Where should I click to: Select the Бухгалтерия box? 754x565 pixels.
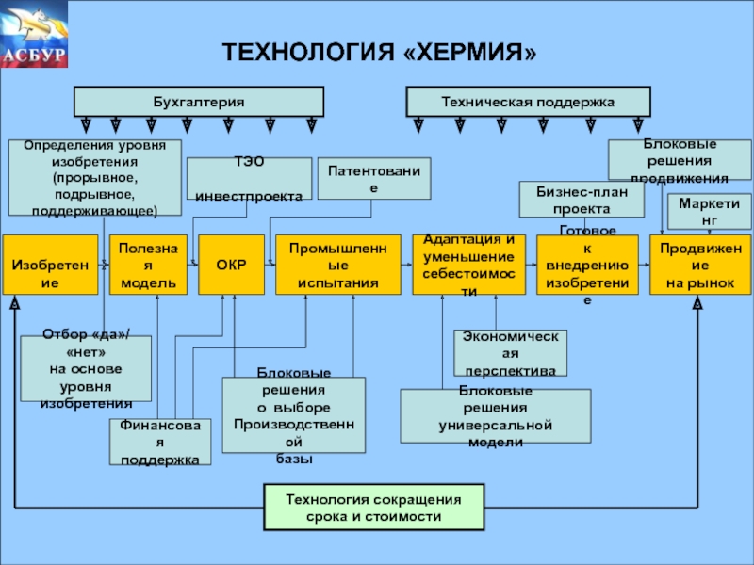point(199,102)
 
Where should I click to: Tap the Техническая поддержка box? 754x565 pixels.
point(528,102)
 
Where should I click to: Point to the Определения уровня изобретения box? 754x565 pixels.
point(94,178)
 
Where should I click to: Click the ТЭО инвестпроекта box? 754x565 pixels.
point(249,179)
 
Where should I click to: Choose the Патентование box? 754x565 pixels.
point(373,179)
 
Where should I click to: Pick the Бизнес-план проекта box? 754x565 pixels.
point(582,200)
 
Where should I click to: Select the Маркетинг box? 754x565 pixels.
point(702,212)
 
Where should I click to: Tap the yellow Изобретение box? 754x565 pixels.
point(50,265)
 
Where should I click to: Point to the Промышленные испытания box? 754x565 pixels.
point(337,265)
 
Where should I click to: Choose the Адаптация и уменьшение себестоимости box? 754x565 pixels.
point(468,265)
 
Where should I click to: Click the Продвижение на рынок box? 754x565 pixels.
point(697,265)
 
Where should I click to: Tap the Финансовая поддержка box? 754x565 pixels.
point(159,443)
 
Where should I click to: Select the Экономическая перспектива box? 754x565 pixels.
point(510,352)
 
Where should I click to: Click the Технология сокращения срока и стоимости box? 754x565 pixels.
point(373,508)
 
